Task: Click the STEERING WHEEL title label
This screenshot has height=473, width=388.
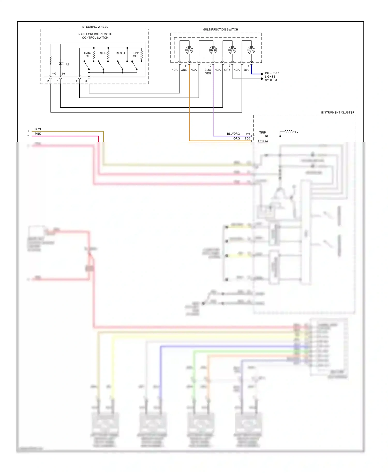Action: pos(95,27)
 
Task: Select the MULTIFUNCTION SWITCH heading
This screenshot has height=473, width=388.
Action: pos(220,29)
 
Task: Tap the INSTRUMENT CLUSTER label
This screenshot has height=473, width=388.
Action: pos(338,113)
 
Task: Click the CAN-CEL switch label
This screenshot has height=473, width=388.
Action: pos(88,55)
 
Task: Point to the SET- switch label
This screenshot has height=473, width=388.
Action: pos(103,53)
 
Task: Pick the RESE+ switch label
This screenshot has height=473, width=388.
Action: pos(121,53)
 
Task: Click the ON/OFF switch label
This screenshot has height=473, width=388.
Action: pos(136,55)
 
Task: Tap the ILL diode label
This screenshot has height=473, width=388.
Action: pos(67,64)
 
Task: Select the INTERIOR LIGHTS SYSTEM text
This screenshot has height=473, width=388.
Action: pos(271,77)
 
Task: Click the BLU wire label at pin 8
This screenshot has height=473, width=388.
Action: pos(247,70)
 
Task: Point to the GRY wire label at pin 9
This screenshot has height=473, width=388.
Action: pos(227,70)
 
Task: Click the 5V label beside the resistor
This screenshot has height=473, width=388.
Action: pos(296,132)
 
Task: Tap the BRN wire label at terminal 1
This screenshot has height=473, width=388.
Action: pos(38,129)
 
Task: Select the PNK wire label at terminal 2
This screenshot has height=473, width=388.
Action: pos(38,134)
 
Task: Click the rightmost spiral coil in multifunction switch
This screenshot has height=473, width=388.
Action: pos(251,50)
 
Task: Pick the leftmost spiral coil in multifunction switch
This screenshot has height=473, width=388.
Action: pos(189,50)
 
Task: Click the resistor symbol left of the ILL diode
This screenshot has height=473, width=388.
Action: pos(51,61)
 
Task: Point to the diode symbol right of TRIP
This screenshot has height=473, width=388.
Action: pos(266,136)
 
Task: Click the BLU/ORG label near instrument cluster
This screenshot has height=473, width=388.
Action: pos(233,134)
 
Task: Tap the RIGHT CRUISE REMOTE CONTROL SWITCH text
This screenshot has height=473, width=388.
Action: pos(95,36)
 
